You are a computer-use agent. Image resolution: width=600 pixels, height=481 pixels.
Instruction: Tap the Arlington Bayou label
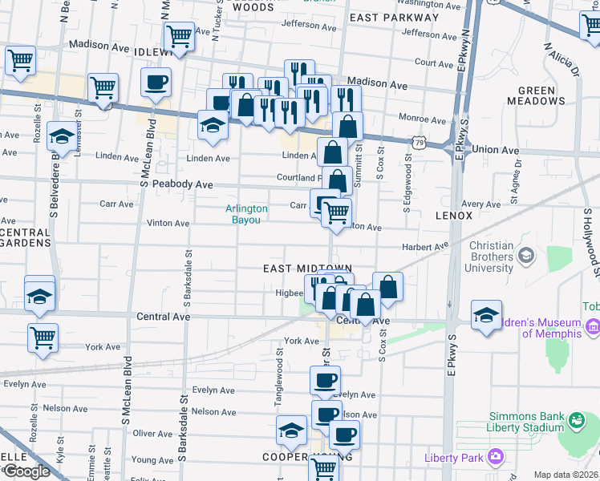[246, 214]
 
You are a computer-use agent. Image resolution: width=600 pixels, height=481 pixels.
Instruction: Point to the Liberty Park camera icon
[496, 458]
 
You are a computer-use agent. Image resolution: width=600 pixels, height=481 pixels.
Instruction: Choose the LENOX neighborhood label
[455, 216]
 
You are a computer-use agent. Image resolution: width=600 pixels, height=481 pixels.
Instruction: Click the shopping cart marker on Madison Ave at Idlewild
[178, 35]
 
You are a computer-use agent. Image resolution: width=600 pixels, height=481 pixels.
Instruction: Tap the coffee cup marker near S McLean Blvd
[156, 81]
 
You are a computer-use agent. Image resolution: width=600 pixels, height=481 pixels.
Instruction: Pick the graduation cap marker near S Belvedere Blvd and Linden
[61, 135]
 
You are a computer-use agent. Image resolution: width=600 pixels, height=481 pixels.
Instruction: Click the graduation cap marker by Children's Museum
[486, 315]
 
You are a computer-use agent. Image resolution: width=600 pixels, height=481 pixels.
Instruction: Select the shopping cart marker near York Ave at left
[43, 337]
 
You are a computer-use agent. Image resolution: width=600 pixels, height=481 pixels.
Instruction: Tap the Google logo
[26, 471]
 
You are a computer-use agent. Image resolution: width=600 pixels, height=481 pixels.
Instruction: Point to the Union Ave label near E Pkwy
[497, 150]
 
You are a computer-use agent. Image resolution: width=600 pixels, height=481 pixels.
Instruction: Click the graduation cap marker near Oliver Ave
[291, 430]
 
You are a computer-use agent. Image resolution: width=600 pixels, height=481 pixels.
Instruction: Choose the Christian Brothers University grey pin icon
[526, 255]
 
